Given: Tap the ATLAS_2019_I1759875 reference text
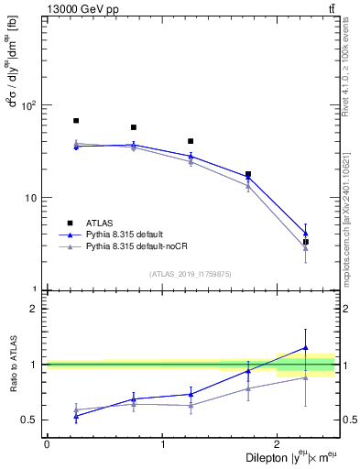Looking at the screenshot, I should pyautogui.click(x=191, y=273).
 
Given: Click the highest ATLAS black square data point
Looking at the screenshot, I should pyautogui.click(x=76, y=121).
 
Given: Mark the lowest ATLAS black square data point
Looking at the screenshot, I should pyautogui.click(x=306, y=242).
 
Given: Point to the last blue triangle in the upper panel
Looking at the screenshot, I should pyautogui.click(x=306, y=233).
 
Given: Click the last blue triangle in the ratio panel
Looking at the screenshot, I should pyautogui.click(x=306, y=348).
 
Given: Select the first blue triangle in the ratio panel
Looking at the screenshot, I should pyautogui.click(x=76, y=416).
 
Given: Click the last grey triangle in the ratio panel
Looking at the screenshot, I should pyautogui.click(x=306, y=377).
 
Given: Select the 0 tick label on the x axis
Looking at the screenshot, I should pyautogui.click(x=47, y=444).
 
